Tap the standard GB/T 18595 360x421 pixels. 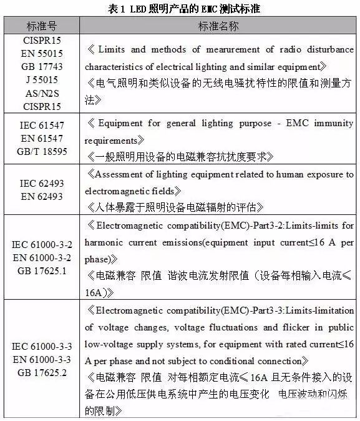(x=41, y=151)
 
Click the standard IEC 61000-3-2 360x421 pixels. (x=41, y=245)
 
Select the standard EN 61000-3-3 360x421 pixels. (x=41, y=359)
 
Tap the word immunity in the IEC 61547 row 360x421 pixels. (x=334, y=124)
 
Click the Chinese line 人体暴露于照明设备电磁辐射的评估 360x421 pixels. (x=175, y=206)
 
